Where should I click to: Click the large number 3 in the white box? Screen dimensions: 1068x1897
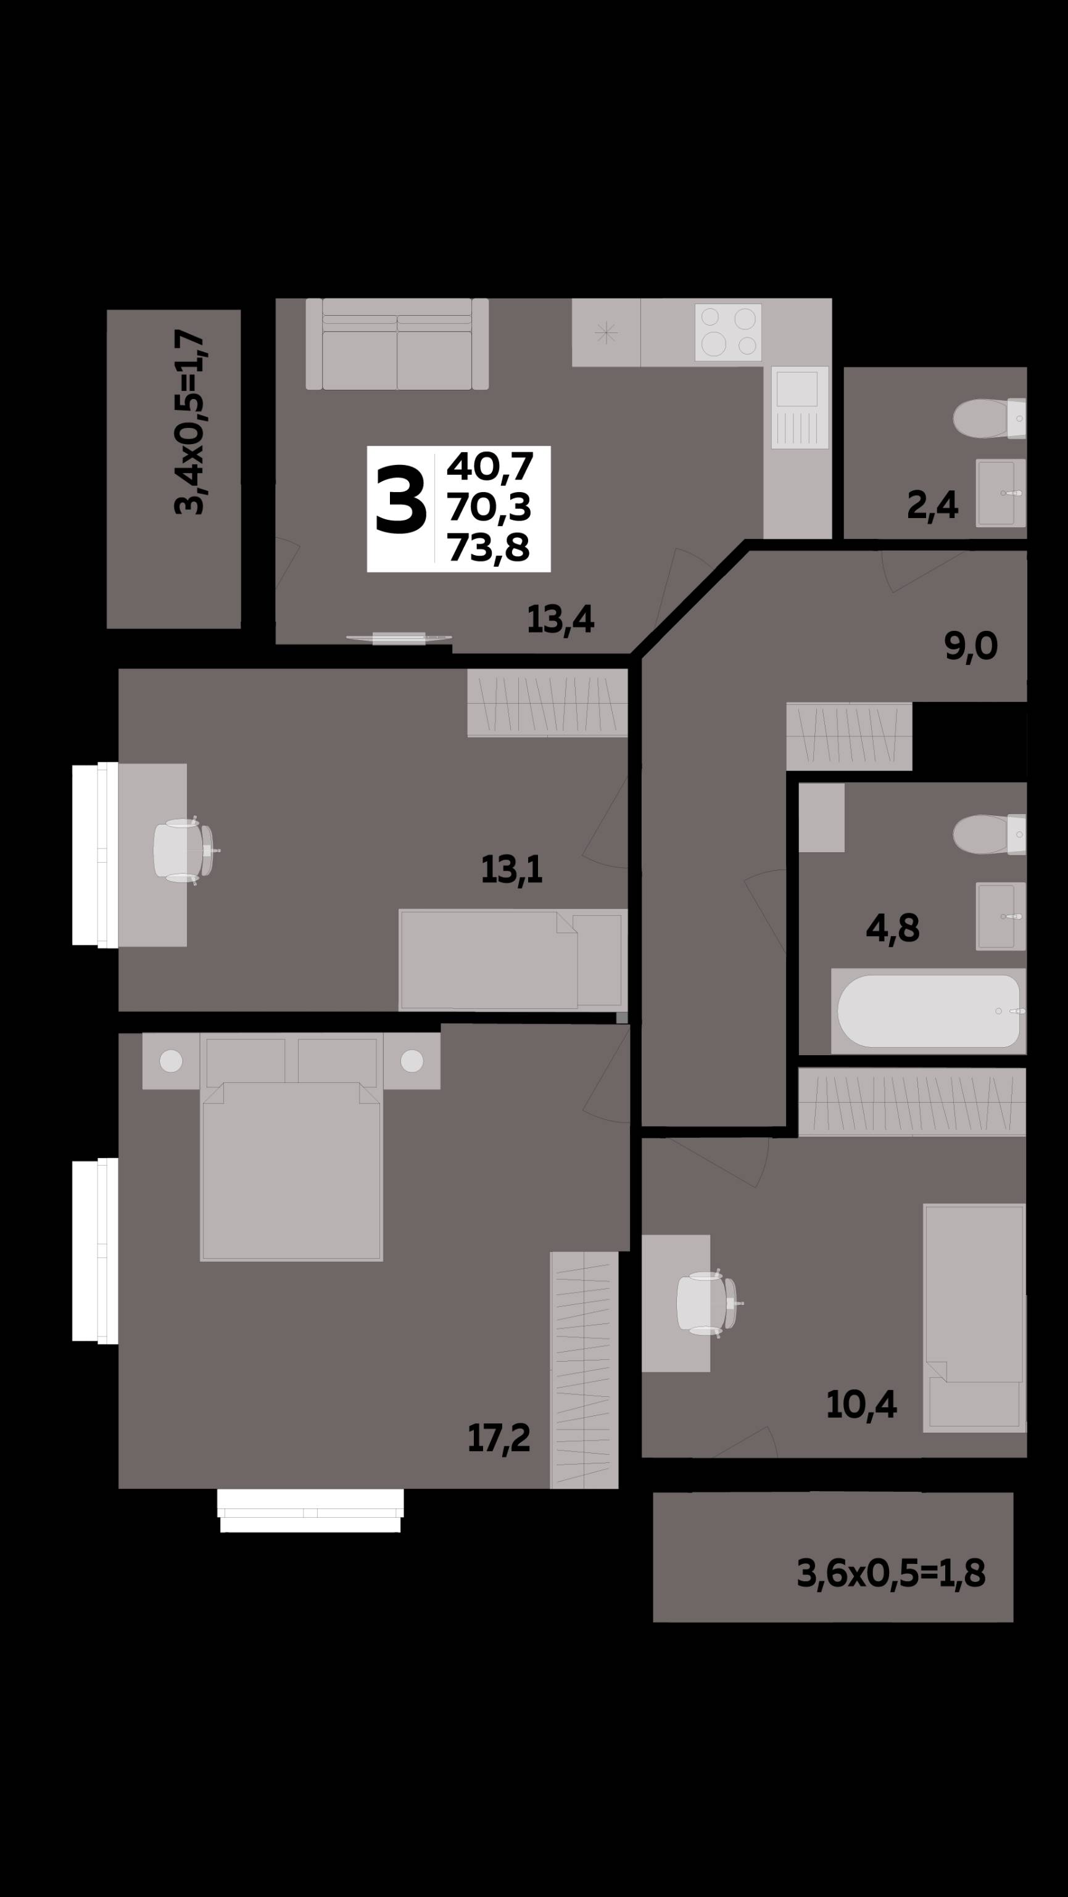pyautogui.click(x=400, y=501)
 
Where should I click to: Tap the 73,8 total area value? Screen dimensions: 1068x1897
pyautogui.click(x=488, y=548)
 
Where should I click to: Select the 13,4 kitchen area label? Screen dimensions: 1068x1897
pyautogui.click(x=560, y=619)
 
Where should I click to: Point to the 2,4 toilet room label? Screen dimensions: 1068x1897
pyautogui.click(x=932, y=505)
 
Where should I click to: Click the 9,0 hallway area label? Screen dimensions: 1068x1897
pyautogui.click(x=971, y=646)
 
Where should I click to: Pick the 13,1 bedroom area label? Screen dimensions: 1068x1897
pyautogui.click(x=511, y=870)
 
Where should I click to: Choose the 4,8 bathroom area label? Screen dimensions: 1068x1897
pyautogui.click(x=893, y=929)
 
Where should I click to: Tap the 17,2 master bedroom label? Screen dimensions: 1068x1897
pyautogui.click(x=499, y=1438)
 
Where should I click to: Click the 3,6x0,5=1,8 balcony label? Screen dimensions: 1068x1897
pyautogui.click(x=890, y=1574)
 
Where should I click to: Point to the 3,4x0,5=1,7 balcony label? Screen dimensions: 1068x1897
pyautogui.click(x=189, y=422)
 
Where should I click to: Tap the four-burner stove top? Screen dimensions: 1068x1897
pyautogui.click(x=727, y=332)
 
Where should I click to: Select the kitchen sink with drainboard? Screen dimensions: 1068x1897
pyautogui.click(x=800, y=407)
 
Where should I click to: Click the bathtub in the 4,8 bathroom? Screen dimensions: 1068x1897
pyautogui.click(x=928, y=1011)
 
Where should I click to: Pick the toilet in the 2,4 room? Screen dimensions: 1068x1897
pyautogui.click(x=989, y=418)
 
